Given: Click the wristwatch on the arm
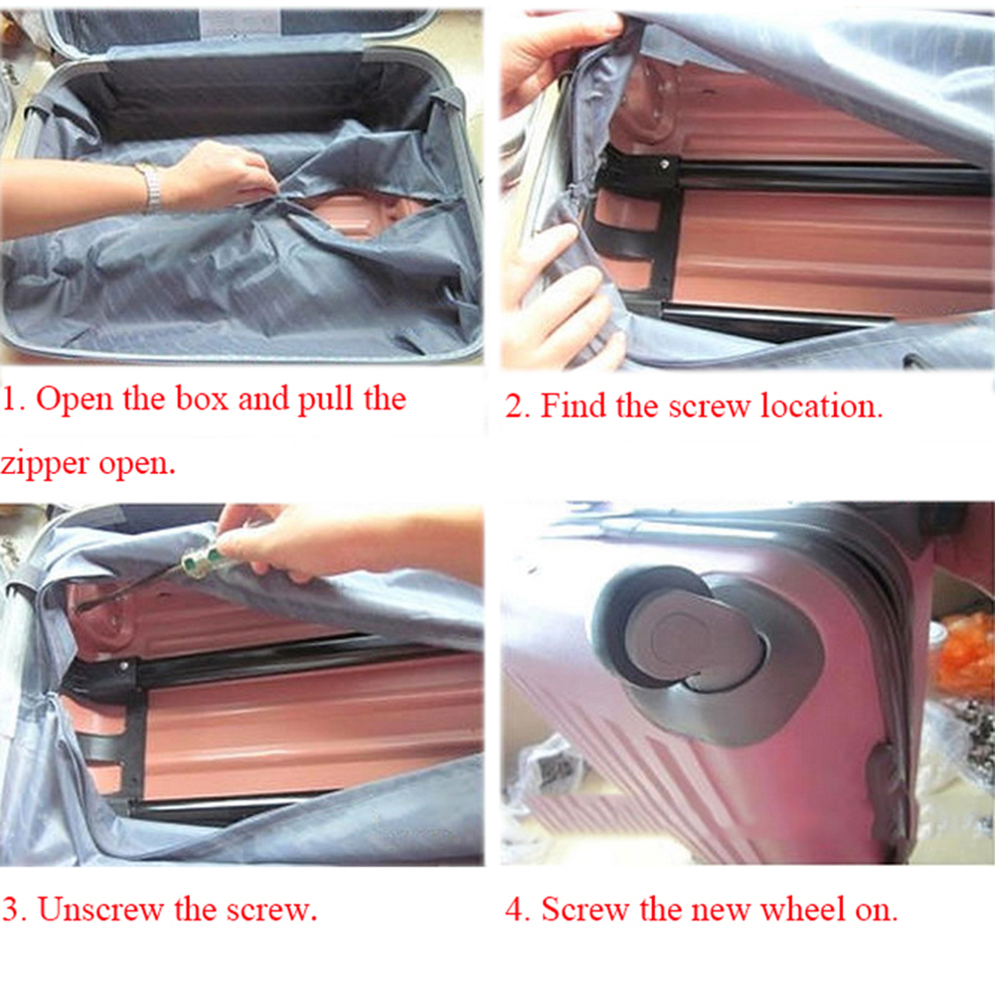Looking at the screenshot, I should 150,187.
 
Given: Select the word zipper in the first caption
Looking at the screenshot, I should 46,463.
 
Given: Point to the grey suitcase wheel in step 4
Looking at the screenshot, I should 686,636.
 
